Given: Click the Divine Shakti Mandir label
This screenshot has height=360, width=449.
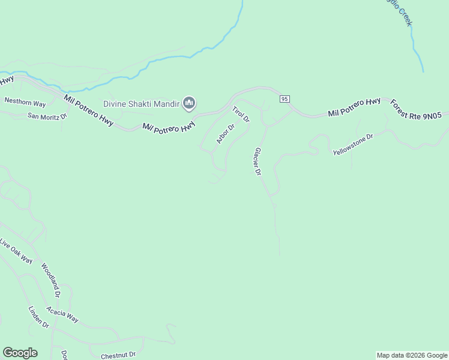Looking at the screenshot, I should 142,104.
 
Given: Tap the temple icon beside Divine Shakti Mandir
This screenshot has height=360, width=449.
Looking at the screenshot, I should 189,104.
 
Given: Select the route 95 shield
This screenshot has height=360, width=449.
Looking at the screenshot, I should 285,98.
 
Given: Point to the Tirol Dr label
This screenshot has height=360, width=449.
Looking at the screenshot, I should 241,113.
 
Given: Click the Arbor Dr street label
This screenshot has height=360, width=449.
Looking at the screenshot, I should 225,133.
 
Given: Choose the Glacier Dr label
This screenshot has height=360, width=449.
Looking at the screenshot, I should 258,161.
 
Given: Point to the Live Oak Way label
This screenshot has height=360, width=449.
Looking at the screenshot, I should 16,251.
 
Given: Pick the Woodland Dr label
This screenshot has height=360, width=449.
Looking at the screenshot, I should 50,280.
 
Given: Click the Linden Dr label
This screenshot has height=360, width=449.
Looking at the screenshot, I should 38,317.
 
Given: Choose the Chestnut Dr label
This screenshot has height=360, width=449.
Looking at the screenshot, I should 118,355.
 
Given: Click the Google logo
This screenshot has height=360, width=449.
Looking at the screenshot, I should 20,353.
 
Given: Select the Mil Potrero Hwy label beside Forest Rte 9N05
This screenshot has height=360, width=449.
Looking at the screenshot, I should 354,107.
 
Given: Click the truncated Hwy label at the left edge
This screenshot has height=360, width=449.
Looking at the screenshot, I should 7,79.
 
